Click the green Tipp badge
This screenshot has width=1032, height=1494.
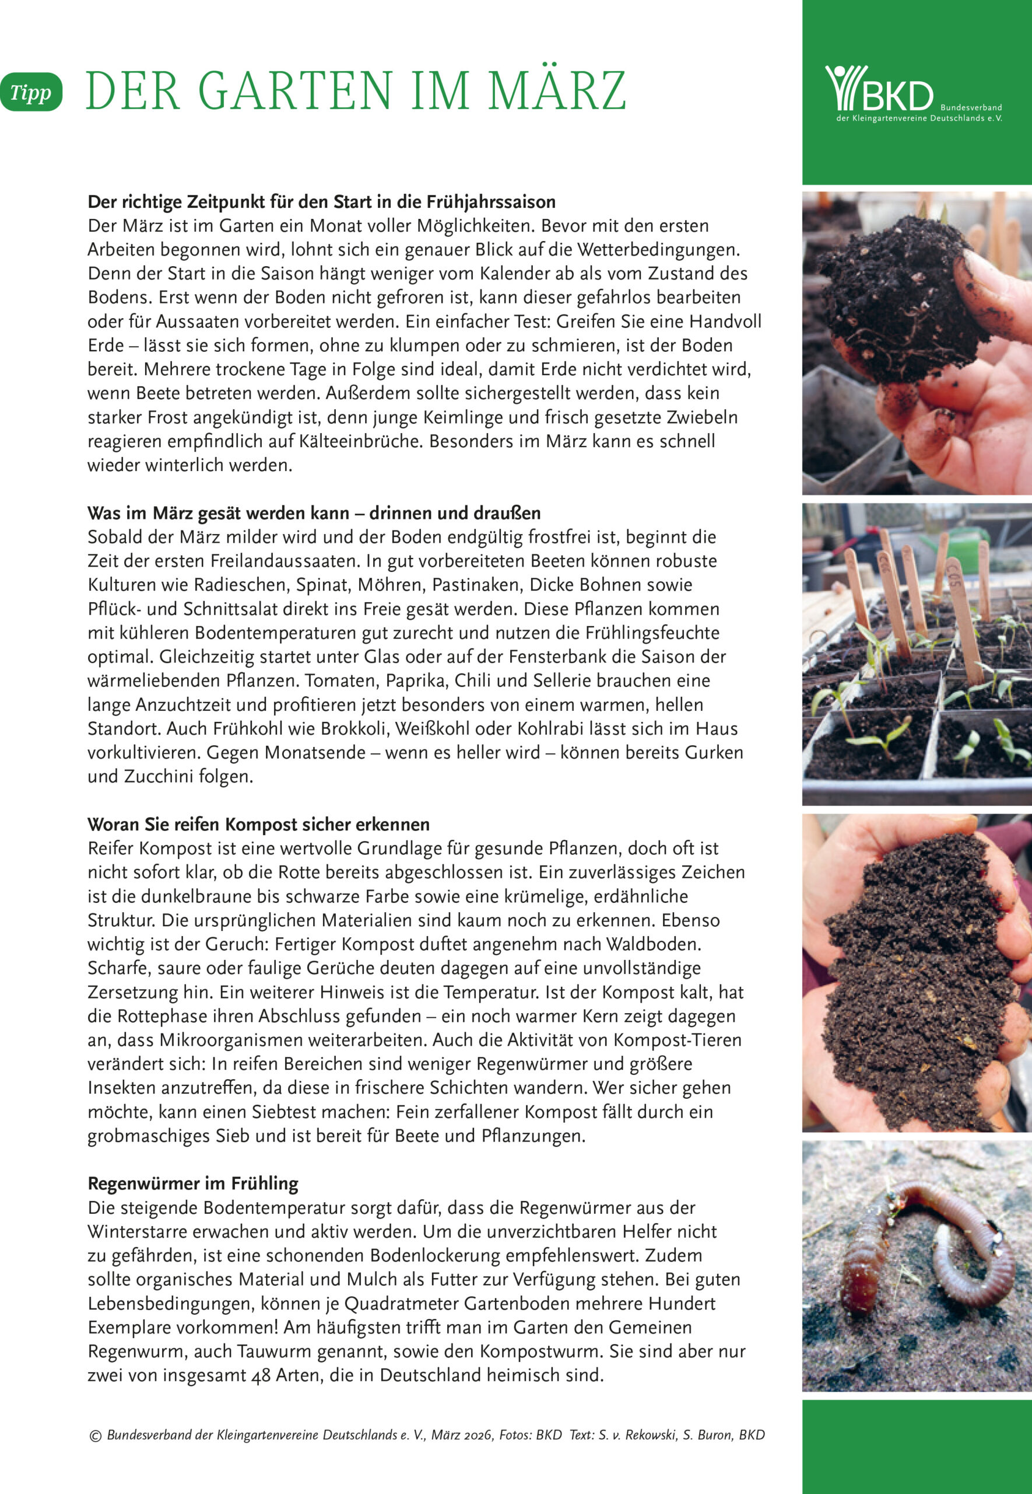(30, 93)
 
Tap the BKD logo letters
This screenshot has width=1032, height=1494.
(897, 96)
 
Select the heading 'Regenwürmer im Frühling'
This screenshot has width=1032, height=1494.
(192, 1184)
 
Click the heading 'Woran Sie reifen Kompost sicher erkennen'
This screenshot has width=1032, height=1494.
(259, 824)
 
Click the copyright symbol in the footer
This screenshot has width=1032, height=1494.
(95, 1435)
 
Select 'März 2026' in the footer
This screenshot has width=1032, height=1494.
(462, 1434)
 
